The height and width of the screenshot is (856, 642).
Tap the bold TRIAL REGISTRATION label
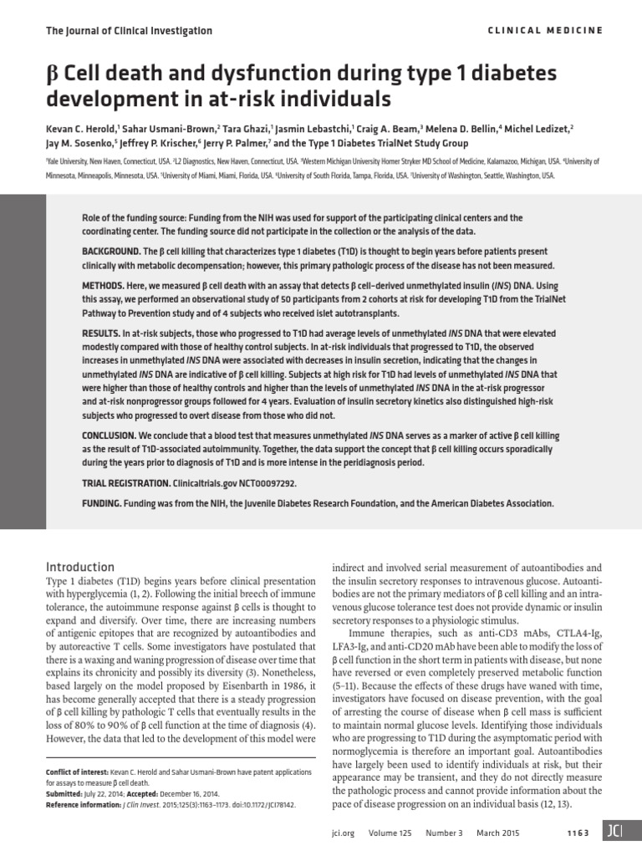(125, 483)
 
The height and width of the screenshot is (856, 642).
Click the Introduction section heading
(80, 567)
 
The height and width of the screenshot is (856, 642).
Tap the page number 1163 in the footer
(576, 833)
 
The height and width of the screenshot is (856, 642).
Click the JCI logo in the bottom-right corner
(614, 832)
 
